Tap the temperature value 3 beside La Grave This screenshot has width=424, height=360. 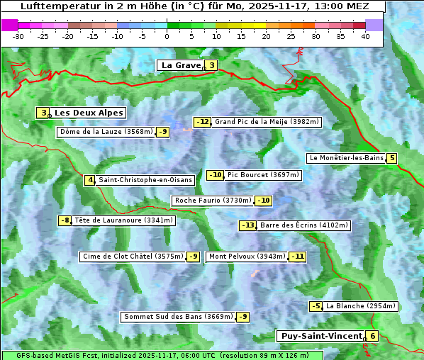pyautogui.click(x=211, y=65)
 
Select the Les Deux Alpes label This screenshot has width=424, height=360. pyautogui.click(x=89, y=113)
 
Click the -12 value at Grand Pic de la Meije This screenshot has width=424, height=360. pyautogui.click(x=203, y=122)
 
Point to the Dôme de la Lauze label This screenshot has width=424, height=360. pyautogui.click(x=106, y=132)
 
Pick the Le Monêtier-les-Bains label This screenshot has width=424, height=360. pyautogui.click(x=346, y=158)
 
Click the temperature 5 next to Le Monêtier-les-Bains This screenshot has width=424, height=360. pyautogui.click(x=391, y=158)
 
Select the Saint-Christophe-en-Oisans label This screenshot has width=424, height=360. pyautogui.click(x=145, y=180)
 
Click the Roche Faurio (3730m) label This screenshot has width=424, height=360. pyautogui.click(x=213, y=201)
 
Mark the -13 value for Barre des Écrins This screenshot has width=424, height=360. pyautogui.click(x=247, y=225)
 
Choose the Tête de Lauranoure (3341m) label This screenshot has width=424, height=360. pyautogui.click(x=123, y=220)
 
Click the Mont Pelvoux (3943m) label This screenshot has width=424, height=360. pyautogui.click(x=247, y=257)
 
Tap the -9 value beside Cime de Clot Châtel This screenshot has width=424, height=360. pyautogui.click(x=192, y=257)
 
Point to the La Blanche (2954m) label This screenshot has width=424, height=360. pyautogui.click(x=361, y=306)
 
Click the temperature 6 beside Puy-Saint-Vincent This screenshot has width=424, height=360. pyautogui.click(x=373, y=336)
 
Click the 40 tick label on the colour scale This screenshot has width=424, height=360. pyautogui.click(x=365, y=36)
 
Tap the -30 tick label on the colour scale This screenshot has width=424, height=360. pyautogui.click(x=19, y=36)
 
